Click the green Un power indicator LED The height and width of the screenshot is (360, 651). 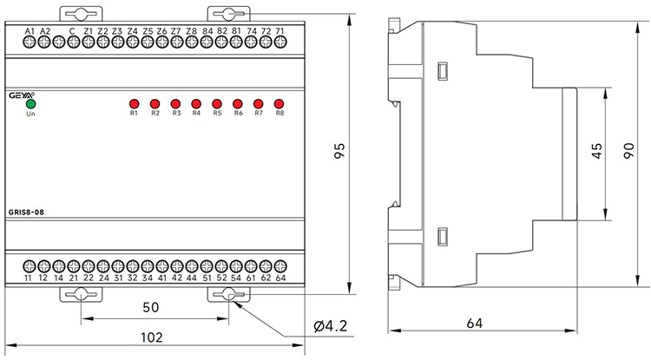(x=31, y=103)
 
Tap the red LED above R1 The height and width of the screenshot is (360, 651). (x=134, y=102)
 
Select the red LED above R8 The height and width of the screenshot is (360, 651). (x=279, y=102)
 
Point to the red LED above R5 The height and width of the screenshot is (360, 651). (x=217, y=102)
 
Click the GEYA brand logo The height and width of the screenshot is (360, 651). (x=22, y=92)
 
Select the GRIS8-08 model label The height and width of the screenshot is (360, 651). (x=28, y=212)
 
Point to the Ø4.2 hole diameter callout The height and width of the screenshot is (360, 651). (x=331, y=327)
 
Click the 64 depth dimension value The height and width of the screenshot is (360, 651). (x=474, y=323)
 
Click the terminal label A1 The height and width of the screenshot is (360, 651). (x=30, y=31)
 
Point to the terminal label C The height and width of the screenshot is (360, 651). (x=72, y=31)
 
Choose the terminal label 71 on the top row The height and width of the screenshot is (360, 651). (x=279, y=31)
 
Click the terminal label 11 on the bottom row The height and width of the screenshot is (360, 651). (x=29, y=278)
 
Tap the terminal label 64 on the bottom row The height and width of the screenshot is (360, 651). (x=280, y=278)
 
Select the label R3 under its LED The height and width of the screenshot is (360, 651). (x=175, y=114)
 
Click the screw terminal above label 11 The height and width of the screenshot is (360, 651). (x=29, y=265)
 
